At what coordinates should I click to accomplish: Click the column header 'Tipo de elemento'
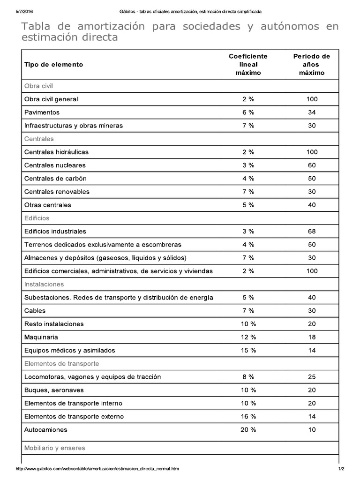tap(53, 65)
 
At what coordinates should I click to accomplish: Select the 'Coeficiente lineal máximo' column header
tap(248, 65)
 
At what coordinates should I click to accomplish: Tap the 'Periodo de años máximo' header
tap(312, 65)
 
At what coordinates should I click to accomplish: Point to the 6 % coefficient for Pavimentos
tap(248, 112)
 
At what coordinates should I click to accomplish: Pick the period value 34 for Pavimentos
tap(312, 112)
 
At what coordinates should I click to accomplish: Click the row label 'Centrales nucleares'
tap(55, 165)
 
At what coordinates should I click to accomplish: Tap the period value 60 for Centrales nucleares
tap(312, 165)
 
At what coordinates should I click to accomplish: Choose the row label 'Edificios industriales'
tap(55, 232)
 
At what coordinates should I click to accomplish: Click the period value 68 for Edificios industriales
tap(312, 232)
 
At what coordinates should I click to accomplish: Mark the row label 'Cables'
tap(35, 311)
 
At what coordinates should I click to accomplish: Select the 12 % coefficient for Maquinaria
tap(248, 337)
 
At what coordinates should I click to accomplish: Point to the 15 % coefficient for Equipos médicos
tap(248, 350)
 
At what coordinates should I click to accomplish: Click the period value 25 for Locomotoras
tap(312, 377)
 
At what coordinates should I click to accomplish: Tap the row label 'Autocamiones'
tap(45, 430)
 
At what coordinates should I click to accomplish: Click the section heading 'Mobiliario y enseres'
tap(54, 448)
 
